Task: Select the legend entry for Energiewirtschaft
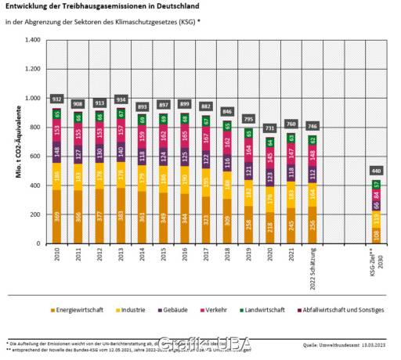pyautogui.click(x=79, y=311)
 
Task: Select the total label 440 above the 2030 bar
pyautogui.click(x=376, y=171)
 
